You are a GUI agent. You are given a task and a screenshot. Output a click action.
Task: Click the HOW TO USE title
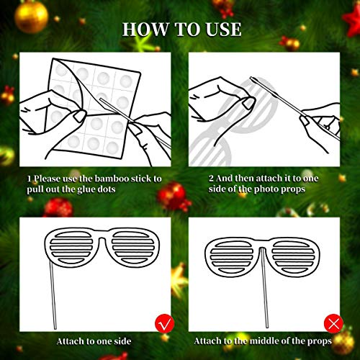181,30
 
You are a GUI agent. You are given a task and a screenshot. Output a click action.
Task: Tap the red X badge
333,321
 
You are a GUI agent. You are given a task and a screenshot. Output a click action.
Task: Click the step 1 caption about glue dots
94,184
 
